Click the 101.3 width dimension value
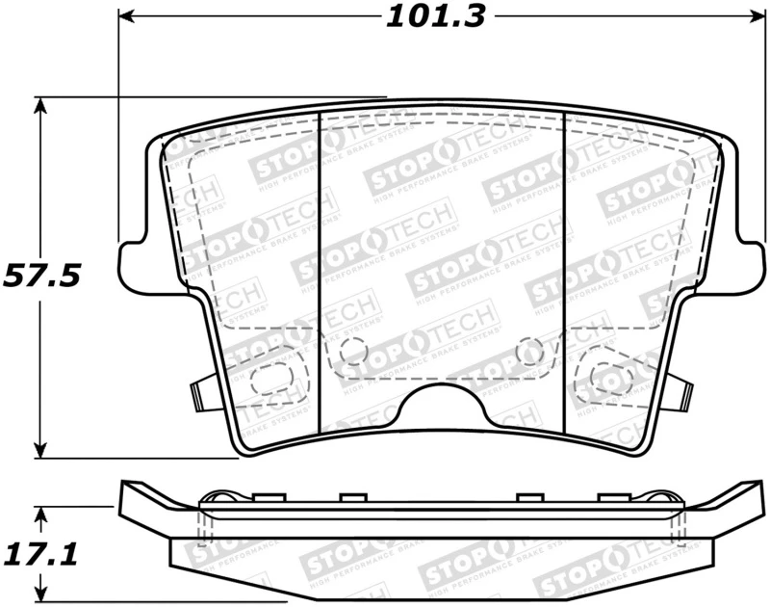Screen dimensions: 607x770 pos(436,16)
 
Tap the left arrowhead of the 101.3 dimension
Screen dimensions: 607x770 pos(126,16)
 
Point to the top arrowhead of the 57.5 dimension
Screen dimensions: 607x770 pos(39,103)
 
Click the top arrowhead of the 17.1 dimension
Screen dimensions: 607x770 pos(39,510)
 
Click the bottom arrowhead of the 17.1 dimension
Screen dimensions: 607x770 pos(39,591)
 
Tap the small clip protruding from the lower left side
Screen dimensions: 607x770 pos(200,391)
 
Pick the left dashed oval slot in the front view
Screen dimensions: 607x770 pos(269,381)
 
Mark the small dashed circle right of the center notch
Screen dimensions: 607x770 pos(528,353)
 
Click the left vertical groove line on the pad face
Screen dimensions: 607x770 pos(319,270)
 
